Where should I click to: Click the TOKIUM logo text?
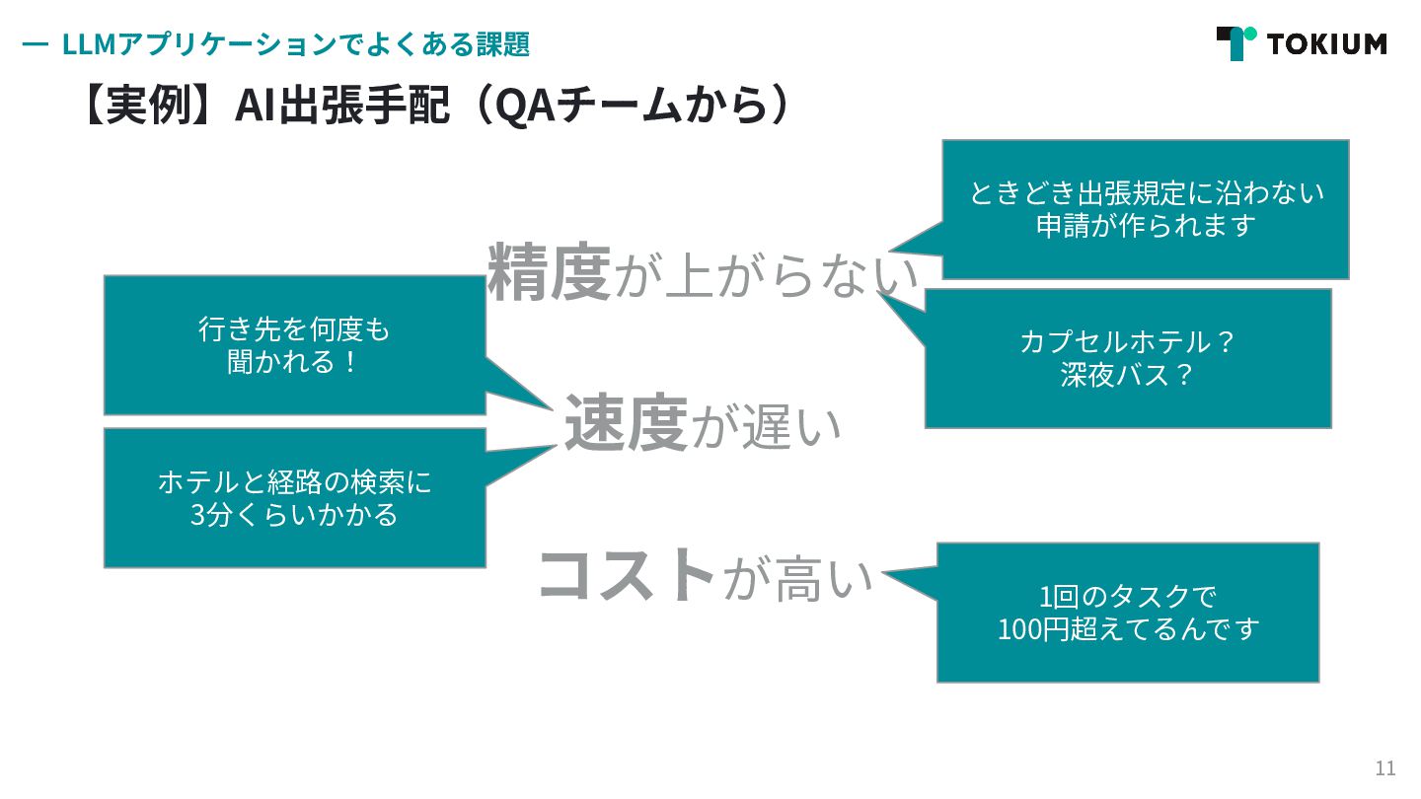pos(1327,44)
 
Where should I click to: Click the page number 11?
pos(1385,768)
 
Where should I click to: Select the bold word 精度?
pos(550,272)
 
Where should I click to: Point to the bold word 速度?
pos(626,424)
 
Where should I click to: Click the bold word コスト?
pos(626,575)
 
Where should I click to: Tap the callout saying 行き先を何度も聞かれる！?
pos(294,345)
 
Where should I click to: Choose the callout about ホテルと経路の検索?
pos(294,498)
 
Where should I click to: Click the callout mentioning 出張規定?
pos(1145,209)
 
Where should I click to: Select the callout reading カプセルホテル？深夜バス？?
pos(1127,358)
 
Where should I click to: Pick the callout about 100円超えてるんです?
pos(1127,613)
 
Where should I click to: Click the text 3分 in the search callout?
pos(209,515)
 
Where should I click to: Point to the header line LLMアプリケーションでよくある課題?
pos(295,44)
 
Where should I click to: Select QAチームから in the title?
pos(631,106)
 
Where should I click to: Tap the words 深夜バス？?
pos(1127,376)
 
